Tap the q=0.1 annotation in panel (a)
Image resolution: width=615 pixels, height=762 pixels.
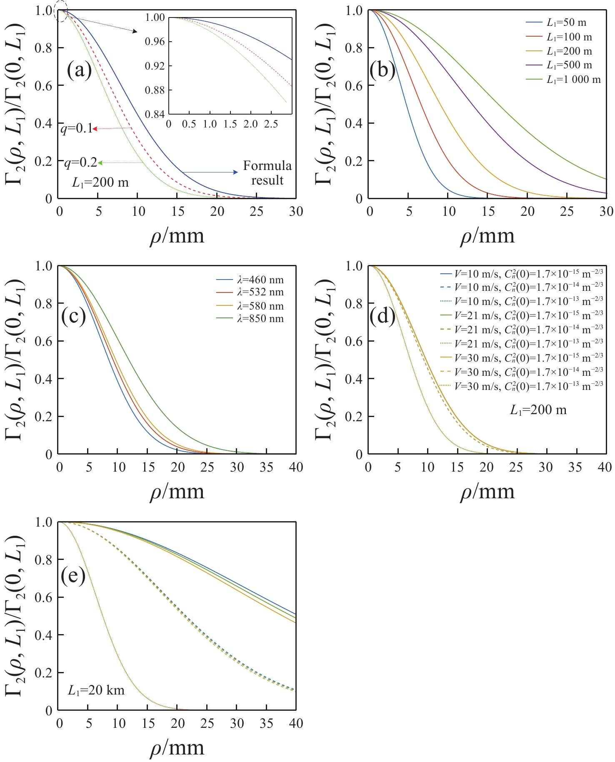tap(77, 129)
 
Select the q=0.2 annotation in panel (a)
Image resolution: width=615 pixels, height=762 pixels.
tap(80, 162)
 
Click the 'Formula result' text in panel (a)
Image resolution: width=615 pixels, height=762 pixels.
tap(267, 173)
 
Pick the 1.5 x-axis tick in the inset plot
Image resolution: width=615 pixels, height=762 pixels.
tap(230, 124)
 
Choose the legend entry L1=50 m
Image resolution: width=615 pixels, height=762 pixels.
tap(566, 23)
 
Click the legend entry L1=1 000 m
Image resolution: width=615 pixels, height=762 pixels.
tap(573, 79)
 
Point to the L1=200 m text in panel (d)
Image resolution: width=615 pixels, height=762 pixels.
tap(538, 410)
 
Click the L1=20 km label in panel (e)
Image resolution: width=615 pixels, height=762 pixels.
tap(96, 690)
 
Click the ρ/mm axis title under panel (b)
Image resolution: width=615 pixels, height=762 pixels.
tap(487, 236)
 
